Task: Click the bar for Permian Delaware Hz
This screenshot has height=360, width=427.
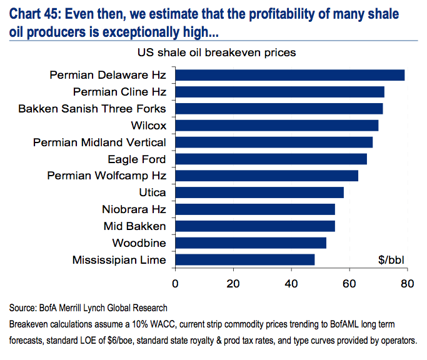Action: click(x=289, y=76)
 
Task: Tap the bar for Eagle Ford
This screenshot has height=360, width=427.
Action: click(x=271, y=159)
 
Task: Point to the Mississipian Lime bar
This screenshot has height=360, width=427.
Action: click(x=244, y=259)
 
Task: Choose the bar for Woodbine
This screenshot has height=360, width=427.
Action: click(x=250, y=242)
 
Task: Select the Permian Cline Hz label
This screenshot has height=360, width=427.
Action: click(x=119, y=92)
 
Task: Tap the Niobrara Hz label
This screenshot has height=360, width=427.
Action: click(x=134, y=209)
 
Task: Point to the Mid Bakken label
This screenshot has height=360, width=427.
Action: click(x=134, y=226)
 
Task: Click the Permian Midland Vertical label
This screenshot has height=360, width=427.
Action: click(x=99, y=142)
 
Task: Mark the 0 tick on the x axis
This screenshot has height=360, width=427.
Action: click(x=175, y=283)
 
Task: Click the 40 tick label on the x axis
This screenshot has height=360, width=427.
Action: click(x=291, y=283)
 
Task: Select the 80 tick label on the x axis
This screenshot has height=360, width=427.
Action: click(x=408, y=283)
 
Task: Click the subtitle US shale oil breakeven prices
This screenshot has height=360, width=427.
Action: click(x=213, y=52)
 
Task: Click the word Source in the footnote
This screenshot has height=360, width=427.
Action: click(x=22, y=308)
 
